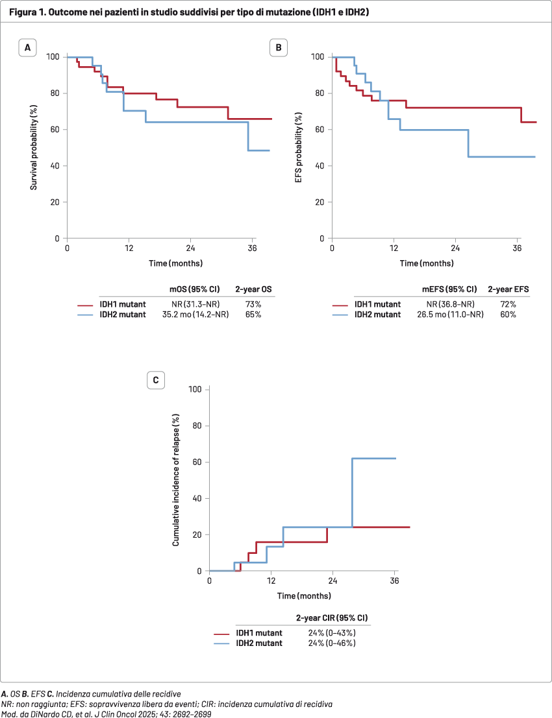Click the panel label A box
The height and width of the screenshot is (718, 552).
click(27, 48)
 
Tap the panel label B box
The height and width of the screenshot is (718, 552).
click(278, 48)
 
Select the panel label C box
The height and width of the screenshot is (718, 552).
click(155, 381)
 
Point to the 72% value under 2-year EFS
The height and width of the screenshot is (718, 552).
click(508, 304)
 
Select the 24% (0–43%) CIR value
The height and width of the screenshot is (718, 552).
click(331, 633)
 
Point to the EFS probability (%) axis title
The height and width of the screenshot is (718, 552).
click(297, 148)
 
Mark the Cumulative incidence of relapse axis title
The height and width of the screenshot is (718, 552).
click(176, 481)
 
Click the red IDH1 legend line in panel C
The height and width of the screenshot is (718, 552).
click(222, 633)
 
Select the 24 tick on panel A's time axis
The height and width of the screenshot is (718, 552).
click(191, 248)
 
